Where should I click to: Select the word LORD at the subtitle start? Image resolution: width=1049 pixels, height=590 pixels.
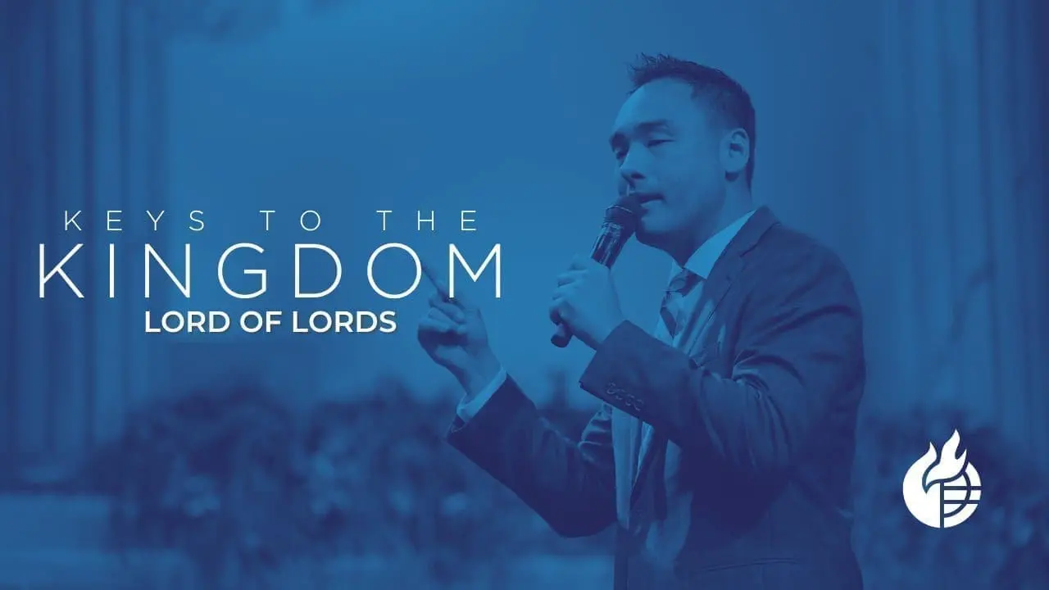coord(182,322)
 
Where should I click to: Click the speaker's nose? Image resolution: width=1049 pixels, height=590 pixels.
coord(624,172)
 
